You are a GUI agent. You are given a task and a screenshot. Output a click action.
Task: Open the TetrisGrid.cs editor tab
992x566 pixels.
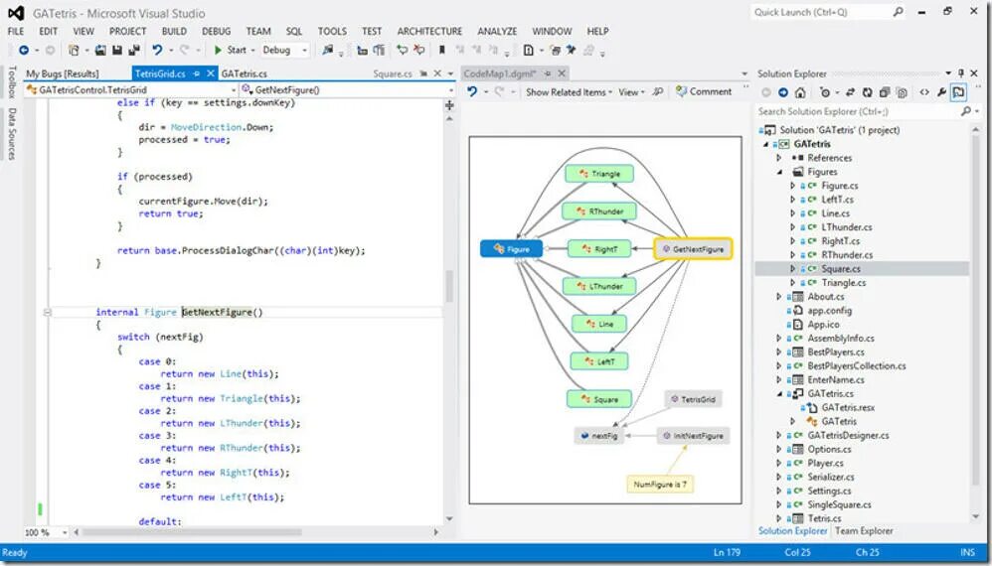point(160,73)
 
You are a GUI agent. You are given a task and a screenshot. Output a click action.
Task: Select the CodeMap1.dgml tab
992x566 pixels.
point(501,73)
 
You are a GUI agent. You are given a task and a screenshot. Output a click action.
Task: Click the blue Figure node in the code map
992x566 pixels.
point(512,249)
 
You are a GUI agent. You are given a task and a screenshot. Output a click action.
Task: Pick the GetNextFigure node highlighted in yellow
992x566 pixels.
point(693,249)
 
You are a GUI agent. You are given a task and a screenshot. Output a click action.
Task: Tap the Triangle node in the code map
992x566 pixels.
point(599,174)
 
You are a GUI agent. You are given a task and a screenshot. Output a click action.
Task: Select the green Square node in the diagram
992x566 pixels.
point(599,399)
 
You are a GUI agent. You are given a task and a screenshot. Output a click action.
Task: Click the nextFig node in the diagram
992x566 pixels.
point(599,436)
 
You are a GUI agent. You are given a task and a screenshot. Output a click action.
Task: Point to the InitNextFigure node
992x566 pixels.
point(692,436)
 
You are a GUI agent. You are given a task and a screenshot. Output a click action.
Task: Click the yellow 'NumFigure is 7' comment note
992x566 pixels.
point(659,485)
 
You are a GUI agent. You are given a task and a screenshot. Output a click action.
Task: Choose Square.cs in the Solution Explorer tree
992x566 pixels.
point(841,268)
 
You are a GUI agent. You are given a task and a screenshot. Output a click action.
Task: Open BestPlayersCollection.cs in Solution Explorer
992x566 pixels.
point(856,365)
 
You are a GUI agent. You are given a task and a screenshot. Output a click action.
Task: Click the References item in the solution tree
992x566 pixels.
point(829,158)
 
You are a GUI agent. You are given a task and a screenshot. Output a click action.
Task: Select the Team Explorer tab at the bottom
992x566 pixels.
point(863,531)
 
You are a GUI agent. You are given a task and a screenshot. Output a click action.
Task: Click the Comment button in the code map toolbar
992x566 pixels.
point(704,91)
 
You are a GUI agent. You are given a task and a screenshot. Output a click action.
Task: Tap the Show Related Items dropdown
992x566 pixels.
point(569,92)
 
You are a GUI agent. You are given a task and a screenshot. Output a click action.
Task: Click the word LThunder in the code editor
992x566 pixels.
point(242,423)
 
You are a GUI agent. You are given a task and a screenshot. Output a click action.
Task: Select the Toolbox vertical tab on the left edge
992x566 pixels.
point(11,84)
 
